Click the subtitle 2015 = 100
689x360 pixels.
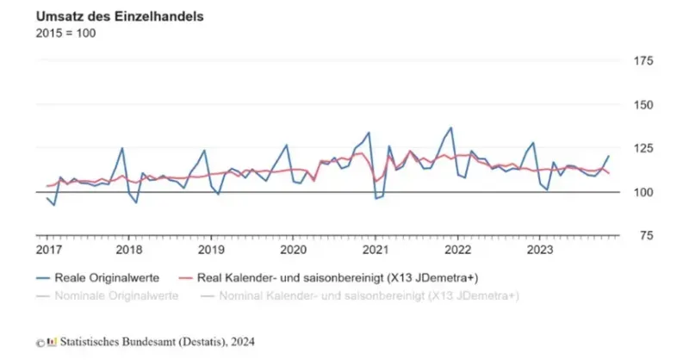[65, 33]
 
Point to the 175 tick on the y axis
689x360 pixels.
[642, 61]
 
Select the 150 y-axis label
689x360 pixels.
[642, 105]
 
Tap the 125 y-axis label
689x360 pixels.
[642, 149]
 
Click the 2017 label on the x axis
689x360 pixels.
[48, 249]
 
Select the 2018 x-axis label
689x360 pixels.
[129, 249]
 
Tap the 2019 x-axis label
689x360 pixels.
[211, 249]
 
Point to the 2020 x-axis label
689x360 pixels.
[293, 249]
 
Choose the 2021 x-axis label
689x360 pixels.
[376, 249]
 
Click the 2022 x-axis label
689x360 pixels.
[457, 249]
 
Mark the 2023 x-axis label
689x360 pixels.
[539, 249]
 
